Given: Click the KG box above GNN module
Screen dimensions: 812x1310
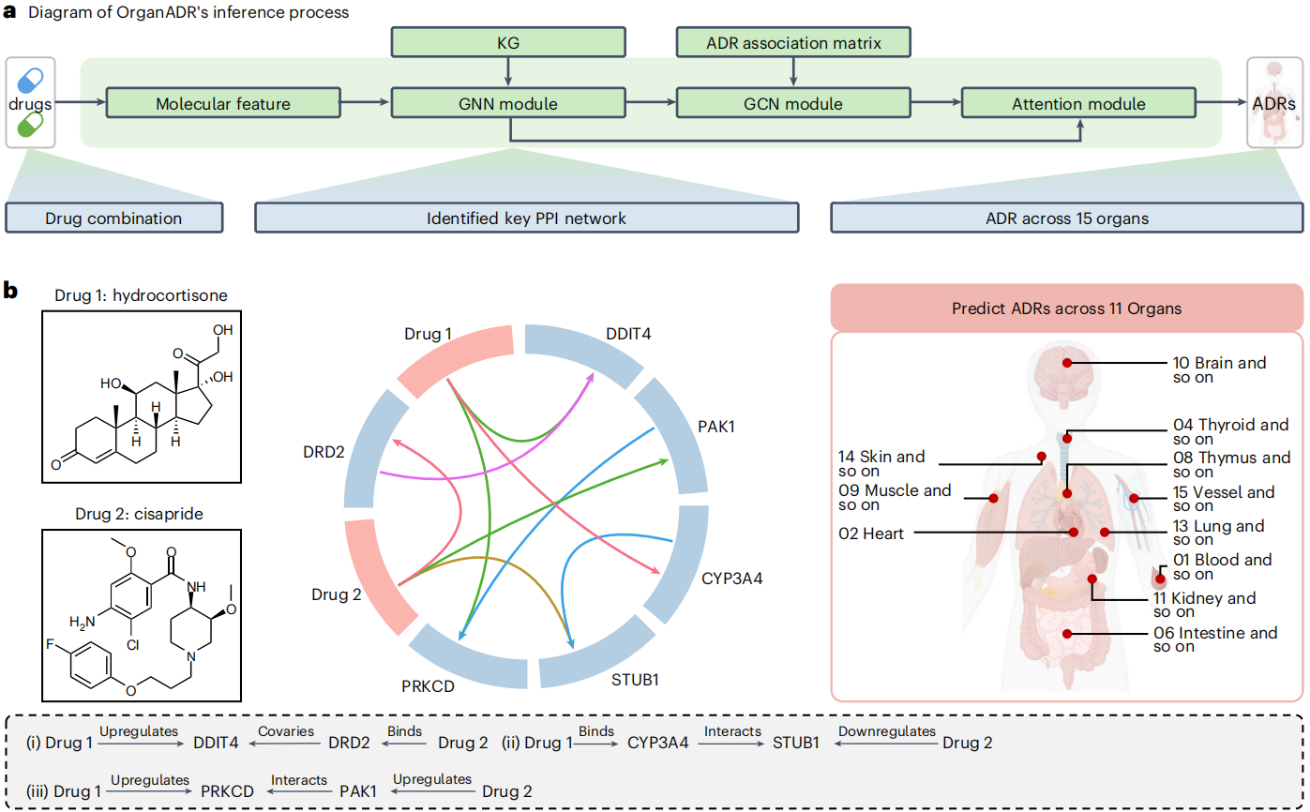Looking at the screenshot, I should click(507, 42).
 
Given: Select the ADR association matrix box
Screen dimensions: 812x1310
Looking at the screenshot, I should click(794, 42).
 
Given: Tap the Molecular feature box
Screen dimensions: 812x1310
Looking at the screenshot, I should click(223, 103).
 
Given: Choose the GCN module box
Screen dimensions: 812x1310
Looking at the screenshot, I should click(794, 103).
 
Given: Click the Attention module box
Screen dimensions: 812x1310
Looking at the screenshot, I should click(1078, 103).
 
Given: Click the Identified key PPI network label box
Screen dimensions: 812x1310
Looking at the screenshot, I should click(526, 218).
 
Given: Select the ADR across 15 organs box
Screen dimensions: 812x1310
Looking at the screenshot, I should click(1066, 218).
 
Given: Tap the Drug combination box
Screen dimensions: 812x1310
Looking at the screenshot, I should click(113, 218).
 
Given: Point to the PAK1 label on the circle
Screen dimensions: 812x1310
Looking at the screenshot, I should click(716, 427).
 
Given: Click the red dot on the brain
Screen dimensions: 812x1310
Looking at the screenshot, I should click(1065, 363).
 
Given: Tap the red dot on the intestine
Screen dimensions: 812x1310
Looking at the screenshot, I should click(1065, 634).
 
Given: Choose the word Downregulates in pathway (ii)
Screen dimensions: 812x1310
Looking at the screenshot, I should click(886, 731).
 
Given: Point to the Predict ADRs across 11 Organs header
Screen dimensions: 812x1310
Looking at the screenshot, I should click(1066, 308).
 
